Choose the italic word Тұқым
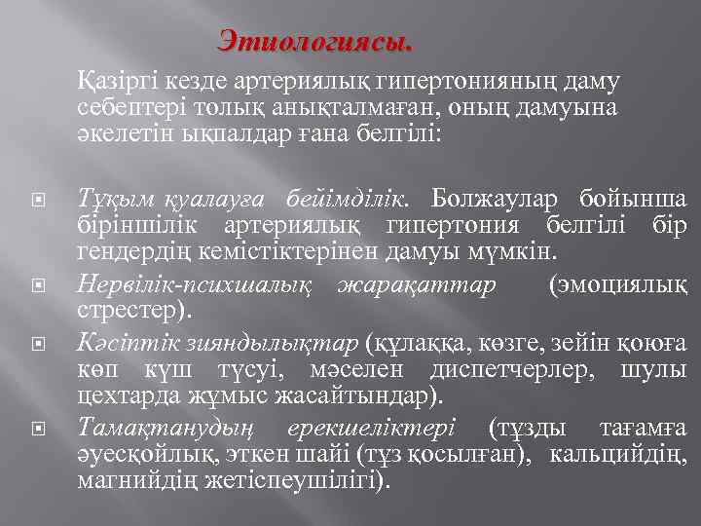coord(114,202)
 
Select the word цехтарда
coord(118,396)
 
